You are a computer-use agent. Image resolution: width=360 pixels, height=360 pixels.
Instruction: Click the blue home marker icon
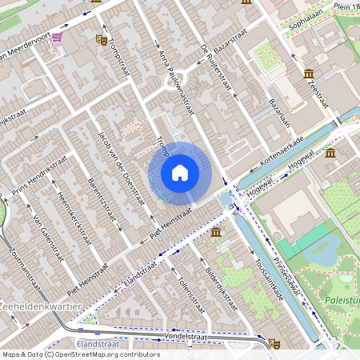[180, 172]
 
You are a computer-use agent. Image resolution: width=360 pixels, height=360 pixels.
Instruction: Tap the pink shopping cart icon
[57, 37]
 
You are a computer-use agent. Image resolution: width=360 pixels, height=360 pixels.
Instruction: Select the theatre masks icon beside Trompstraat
[101, 38]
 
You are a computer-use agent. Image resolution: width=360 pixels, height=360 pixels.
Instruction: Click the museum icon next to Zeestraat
[309, 74]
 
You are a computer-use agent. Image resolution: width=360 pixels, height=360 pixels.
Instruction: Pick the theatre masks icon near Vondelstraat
[274, 343]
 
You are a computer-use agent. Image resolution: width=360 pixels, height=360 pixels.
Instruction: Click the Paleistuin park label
[342, 300]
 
